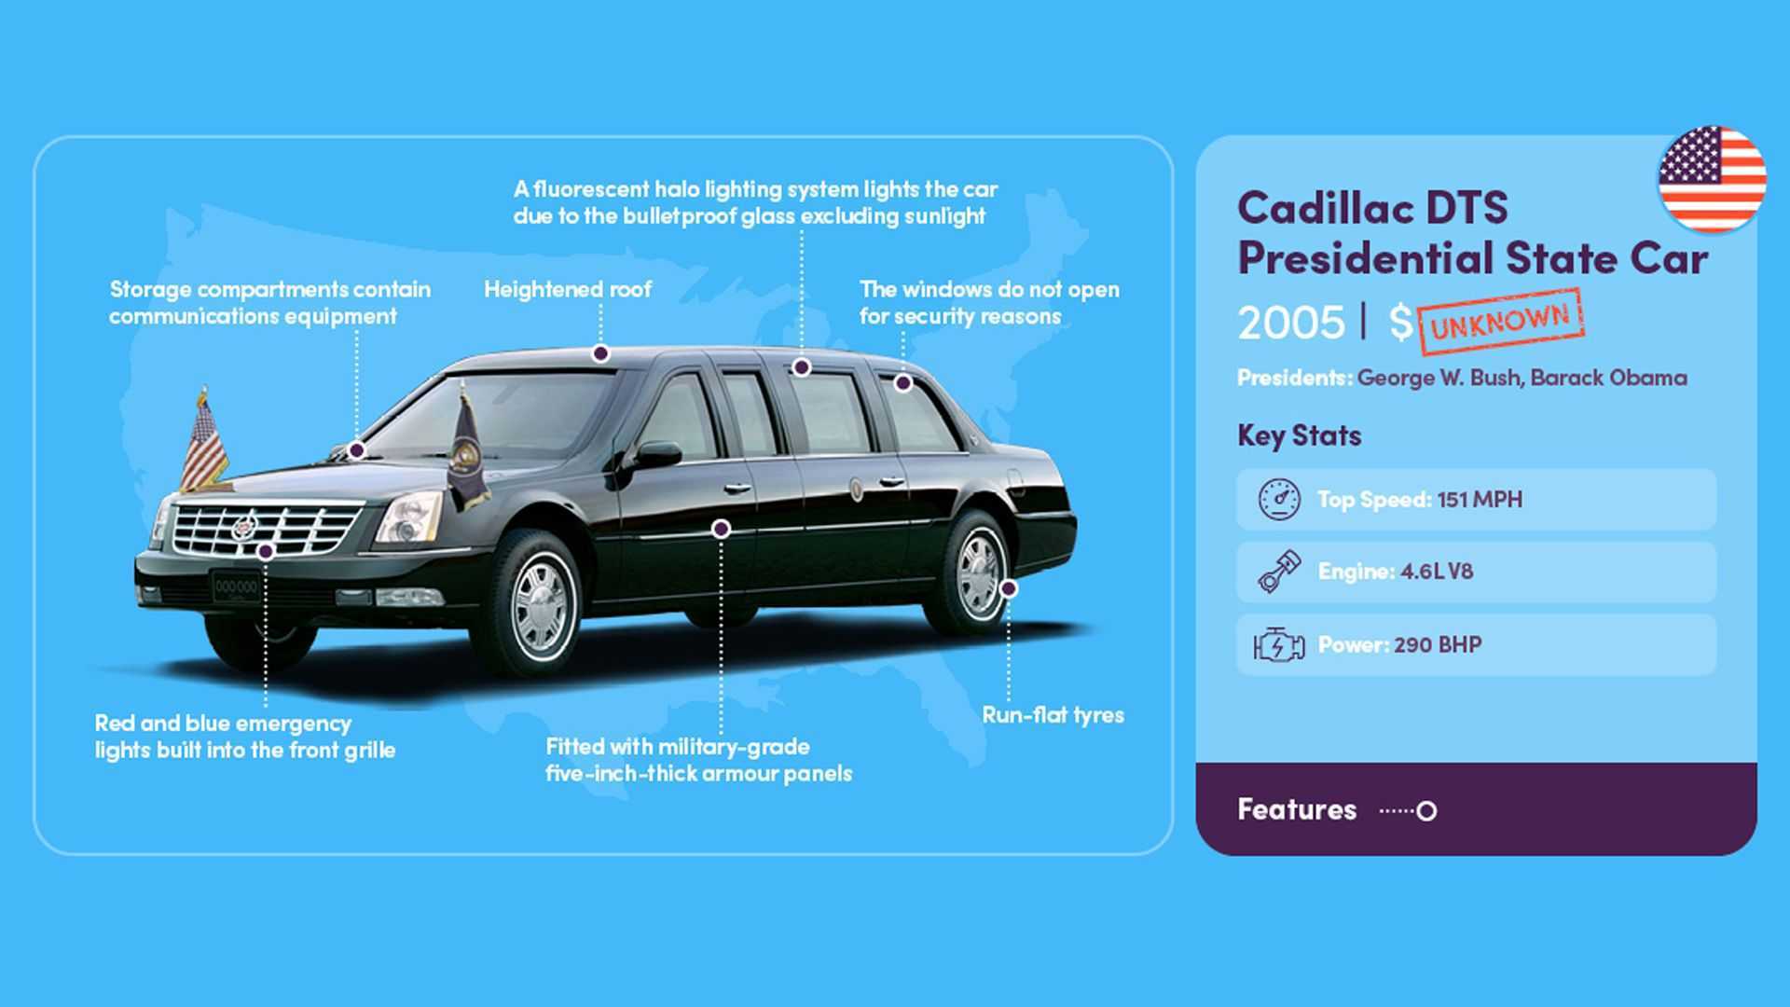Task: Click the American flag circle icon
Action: pos(1712,179)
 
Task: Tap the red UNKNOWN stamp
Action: pos(1500,322)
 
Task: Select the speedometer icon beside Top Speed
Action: pos(1279,499)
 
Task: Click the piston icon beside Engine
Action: pos(1279,572)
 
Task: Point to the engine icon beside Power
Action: pos(1279,644)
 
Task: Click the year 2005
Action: pos(1291,323)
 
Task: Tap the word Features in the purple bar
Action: pos(1297,809)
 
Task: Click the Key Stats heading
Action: pos(1299,435)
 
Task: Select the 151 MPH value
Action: pos(1480,500)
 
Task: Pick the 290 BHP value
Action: pos(1438,644)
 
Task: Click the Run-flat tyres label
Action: pos(1053,715)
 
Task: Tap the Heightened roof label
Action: pos(568,289)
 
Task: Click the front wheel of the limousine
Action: pos(539,605)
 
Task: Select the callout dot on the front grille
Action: pos(266,552)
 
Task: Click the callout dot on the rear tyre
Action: pos(1009,588)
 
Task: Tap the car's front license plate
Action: pos(236,586)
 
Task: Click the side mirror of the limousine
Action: pos(654,455)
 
